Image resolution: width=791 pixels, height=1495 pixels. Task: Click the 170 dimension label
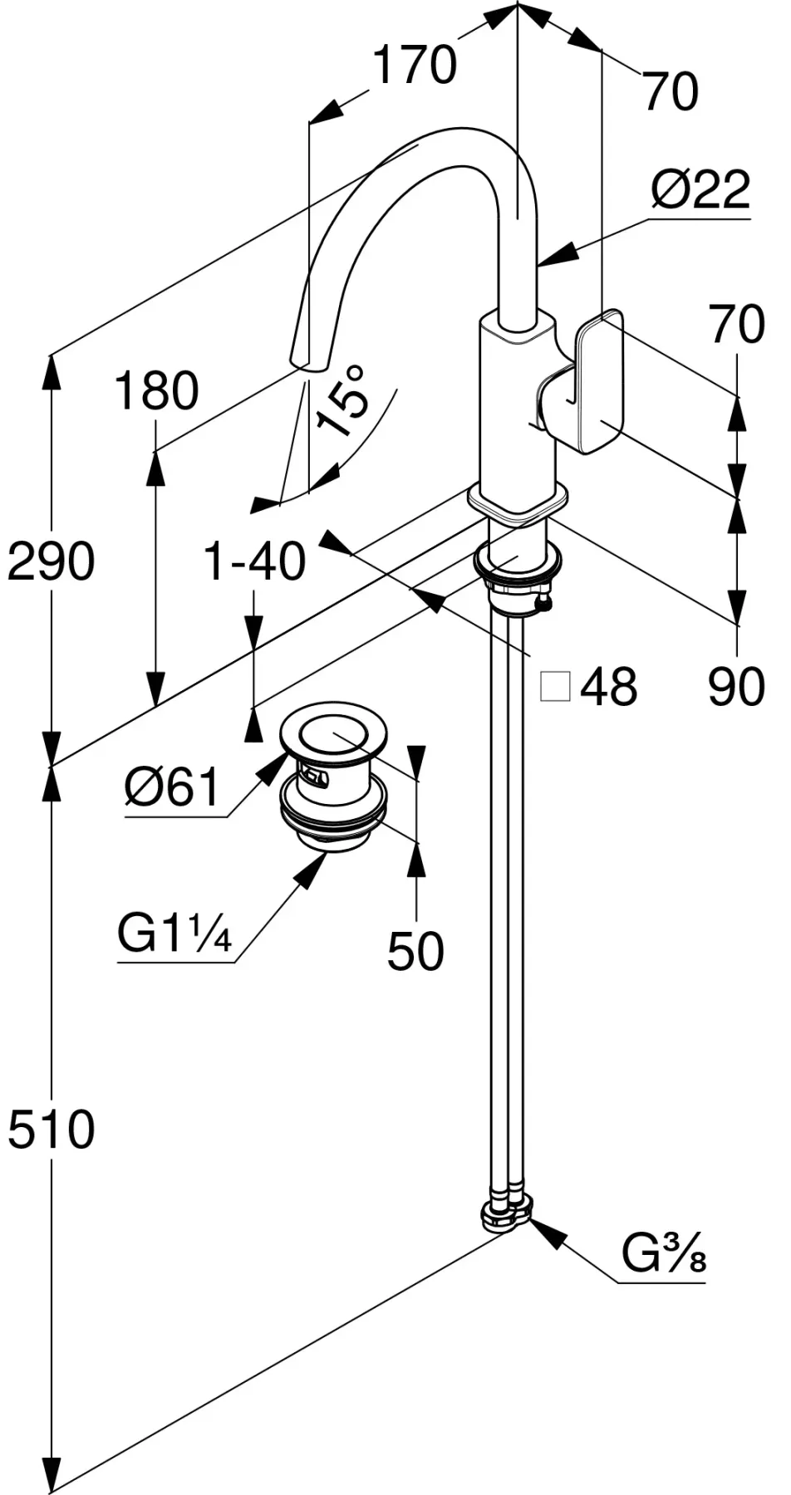(x=414, y=66)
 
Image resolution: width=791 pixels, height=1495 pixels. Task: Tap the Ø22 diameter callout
(x=700, y=190)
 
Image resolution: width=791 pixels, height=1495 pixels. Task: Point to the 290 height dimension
(x=50, y=561)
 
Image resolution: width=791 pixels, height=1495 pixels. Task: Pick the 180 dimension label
(x=156, y=391)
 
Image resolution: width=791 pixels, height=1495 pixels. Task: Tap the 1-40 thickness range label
(x=254, y=561)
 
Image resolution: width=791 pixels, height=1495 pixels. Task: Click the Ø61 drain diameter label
(x=172, y=786)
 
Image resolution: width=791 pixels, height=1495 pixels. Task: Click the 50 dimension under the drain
(x=415, y=951)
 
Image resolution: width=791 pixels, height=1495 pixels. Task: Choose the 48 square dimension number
(x=608, y=687)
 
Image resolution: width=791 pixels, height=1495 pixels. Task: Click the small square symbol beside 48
(x=555, y=687)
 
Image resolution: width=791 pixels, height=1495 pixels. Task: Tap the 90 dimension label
(x=736, y=687)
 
